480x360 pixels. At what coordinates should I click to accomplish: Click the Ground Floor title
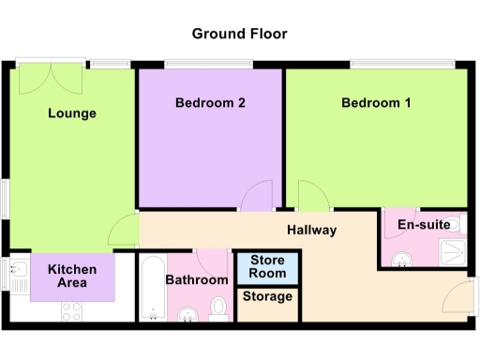(239, 34)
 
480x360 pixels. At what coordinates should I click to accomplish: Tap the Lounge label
(72, 114)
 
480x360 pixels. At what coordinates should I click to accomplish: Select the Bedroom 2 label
(210, 103)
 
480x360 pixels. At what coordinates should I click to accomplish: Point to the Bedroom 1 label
(375, 103)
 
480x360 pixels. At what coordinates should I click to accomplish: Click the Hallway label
(312, 230)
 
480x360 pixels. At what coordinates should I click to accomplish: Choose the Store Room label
(267, 266)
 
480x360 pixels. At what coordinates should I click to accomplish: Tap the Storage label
(267, 297)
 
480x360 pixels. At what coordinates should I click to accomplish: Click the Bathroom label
(197, 279)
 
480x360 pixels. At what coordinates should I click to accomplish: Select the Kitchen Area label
(72, 276)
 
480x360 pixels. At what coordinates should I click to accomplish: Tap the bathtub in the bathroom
(152, 287)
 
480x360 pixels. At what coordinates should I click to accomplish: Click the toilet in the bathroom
(217, 307)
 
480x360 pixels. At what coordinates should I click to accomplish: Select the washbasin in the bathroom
(187, 314)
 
